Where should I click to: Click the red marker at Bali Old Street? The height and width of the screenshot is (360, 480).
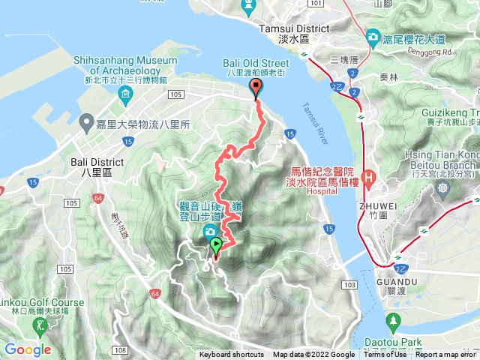click(x=256, y=89)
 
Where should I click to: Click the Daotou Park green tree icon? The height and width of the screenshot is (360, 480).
click(x=391, y=322)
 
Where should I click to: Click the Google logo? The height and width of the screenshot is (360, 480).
click(x=27, y=349)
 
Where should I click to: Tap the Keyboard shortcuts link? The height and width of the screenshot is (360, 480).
click(x=232, y=355)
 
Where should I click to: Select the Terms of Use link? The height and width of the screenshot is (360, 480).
click(x=385, y=355)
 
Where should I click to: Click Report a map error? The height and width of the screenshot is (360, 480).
click(x=446, y=355)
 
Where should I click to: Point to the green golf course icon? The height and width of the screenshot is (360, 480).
click(x=39, y=325)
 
